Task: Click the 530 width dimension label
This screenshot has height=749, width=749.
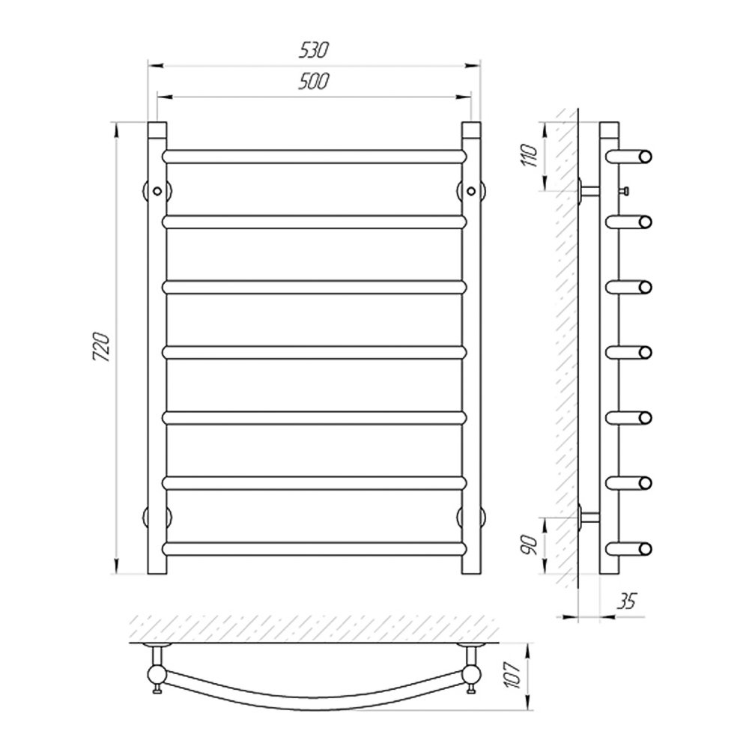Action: pyautogui.click(x=314, y=50)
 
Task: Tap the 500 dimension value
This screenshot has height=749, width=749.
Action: pyautogui.click(x=314, y=82)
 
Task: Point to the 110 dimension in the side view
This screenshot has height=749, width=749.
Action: pyautogui.click(x=531, y=155)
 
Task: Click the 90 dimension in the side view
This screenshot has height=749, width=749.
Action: pyautogui.click(x=531, y=545)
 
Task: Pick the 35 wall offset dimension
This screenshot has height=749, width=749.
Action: pyautogui.click(x=627, y=601)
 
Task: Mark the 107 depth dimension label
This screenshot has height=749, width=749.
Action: pyautogui.click(x=514, y=675)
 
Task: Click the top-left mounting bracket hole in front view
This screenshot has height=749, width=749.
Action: pyautogui.click(x=157, y=190)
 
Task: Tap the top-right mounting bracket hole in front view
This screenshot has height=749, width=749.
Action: pyautogui.click(x=471, y=190)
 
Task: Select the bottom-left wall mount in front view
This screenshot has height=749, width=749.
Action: pyautogui.click(x=157, y=518)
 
